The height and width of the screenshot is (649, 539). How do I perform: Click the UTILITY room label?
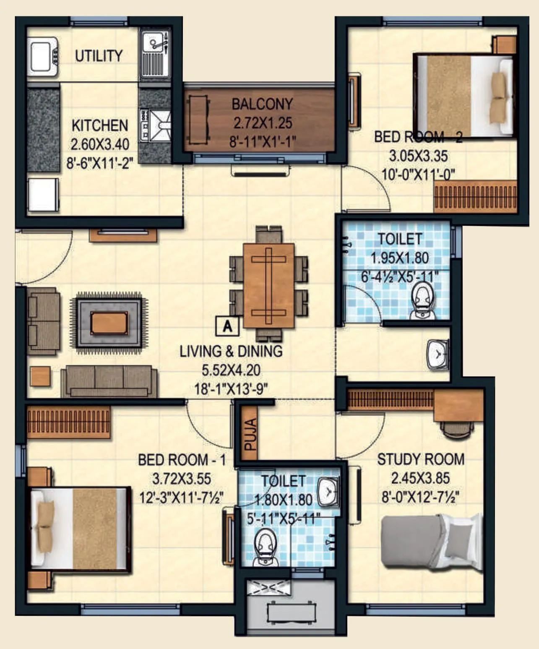pyautogui.click(x=99, y=56)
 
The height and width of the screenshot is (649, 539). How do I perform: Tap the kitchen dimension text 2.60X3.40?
pyautogui.click(x=100, y=144)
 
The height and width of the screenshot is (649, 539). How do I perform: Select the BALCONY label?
pyautogui.click(x=262, y=104)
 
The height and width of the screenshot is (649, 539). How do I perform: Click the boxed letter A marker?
pyautogui.click(x=227, y=326)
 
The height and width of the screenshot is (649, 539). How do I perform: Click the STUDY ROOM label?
pyautogui.click(x=421, y=459)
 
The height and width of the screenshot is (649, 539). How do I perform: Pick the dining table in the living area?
pyautogui.click(x=268, y=285)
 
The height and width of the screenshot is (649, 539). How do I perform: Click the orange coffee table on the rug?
pyautogui.click(x=109, y=323)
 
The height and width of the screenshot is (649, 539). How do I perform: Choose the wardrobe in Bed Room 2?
pyautogui.click(x=475, y=196)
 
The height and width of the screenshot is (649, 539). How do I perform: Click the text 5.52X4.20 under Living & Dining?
pyautogui.click(x=231, y=370)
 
